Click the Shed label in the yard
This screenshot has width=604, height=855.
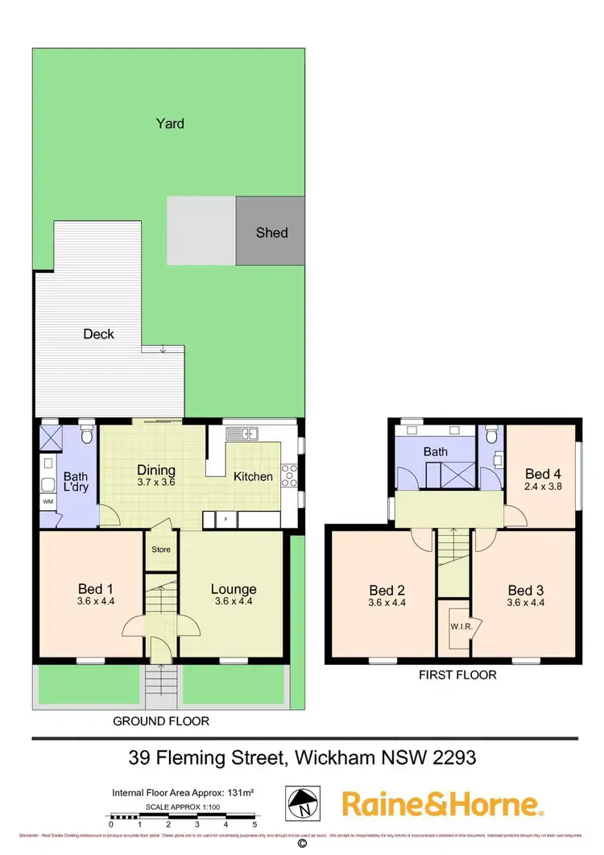point(271,233)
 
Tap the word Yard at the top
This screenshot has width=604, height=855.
point(170,123)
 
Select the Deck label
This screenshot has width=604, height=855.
point(98,334)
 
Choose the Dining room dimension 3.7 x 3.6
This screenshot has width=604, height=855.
point(156,482)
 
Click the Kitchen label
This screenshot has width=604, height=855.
point(253,476)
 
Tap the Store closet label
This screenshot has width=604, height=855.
point(161,550)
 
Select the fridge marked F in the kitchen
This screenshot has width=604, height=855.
point(225,520)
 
